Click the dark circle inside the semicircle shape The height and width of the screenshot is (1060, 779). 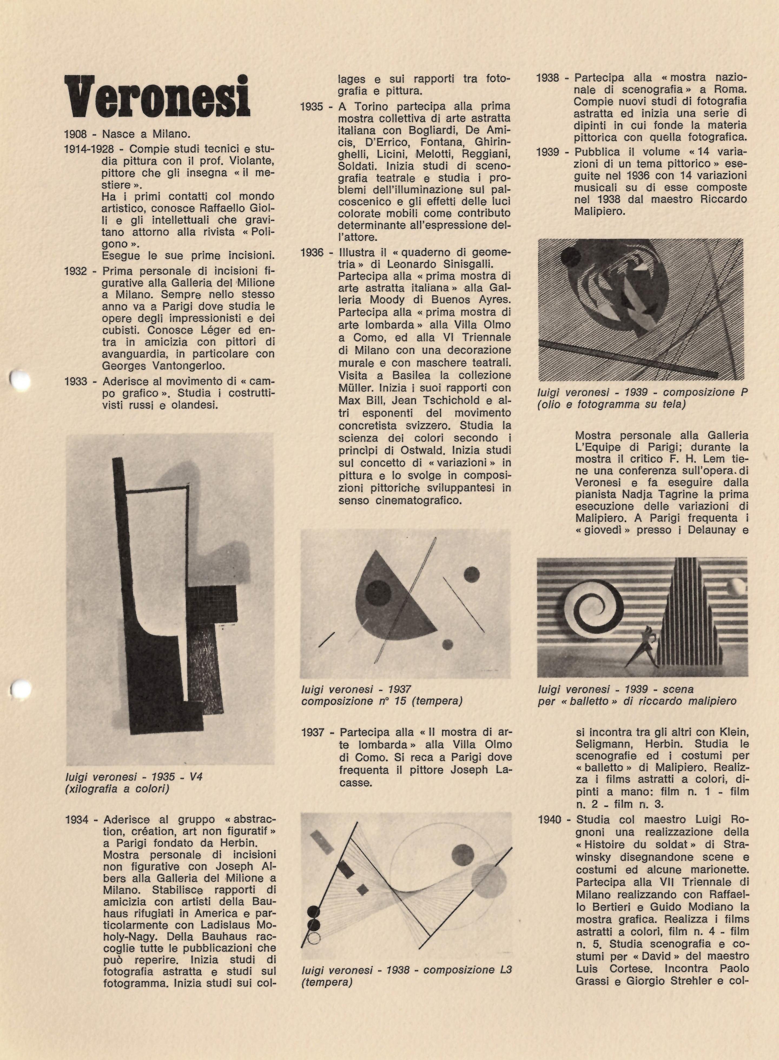pos(378,592)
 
